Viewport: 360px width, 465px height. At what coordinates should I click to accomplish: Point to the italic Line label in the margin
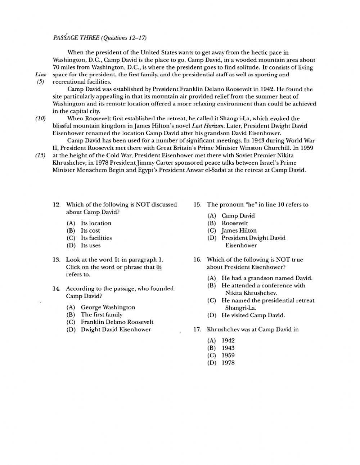click(x=41, y=75)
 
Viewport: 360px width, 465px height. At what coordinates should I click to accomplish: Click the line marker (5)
click(x=40, y=82)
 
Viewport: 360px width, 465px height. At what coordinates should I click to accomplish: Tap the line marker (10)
click(x=40, y=119)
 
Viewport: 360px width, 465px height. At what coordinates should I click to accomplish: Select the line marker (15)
click(x=40, y=155)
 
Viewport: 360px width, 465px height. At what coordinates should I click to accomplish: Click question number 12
click(x=57, y=205)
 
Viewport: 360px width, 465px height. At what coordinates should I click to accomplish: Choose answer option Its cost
click(x=90, y=231)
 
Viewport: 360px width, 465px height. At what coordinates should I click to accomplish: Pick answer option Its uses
click(x=91, y=245)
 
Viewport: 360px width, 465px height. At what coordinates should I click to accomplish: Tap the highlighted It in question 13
click(x=159, y=267)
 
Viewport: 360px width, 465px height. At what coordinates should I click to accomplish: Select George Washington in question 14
click(x=108, y=307)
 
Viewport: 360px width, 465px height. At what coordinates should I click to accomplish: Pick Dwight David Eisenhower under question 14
click(x=116, y=329)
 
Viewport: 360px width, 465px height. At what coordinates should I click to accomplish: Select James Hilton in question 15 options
click(x=239, y=231)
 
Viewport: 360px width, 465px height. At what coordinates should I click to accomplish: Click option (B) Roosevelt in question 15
click(x=234, y=223)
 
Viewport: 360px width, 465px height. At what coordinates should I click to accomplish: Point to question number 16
click(x=197, y=260)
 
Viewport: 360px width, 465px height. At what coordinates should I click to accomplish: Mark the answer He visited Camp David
click(x=253, y=315)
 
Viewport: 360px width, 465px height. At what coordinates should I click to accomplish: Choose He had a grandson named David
click(x=267, y=278)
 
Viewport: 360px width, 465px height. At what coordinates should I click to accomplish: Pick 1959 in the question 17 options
click(x=228, y=355)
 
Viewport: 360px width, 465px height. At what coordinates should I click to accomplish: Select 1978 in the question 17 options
click(x=228, y=363)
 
